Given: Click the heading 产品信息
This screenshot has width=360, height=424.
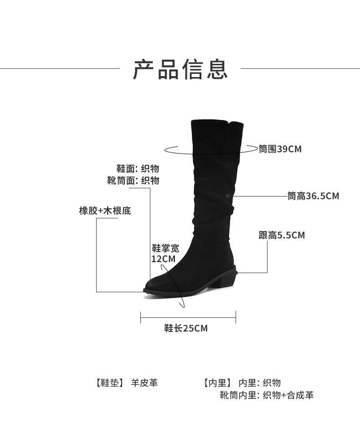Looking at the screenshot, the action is pos(180,69).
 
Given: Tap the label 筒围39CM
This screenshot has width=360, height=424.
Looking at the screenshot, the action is pos(280,149).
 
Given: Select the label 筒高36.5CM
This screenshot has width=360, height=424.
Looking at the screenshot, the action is pos(313,196).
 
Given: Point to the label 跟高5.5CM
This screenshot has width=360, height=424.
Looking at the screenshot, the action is pos(282,235).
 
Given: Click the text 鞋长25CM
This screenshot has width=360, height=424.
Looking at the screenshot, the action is pos(186,328).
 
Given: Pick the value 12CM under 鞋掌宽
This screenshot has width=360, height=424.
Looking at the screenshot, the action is pos(163,259).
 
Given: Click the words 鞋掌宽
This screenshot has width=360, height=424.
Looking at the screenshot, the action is pos(165,248).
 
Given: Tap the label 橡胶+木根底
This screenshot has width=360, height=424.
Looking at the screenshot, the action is pos(105,211).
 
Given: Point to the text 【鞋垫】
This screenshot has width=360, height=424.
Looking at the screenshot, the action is pos(110,383).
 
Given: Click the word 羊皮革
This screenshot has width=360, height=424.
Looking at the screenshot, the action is pos(144,383).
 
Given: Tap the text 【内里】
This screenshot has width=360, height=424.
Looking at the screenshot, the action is pos(217,383).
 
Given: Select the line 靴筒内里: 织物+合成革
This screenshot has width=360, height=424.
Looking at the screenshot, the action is pos(267,395).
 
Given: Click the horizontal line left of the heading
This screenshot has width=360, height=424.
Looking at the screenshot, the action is pos(59,69).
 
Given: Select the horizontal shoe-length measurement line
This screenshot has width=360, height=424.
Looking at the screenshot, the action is pos(188,317).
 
